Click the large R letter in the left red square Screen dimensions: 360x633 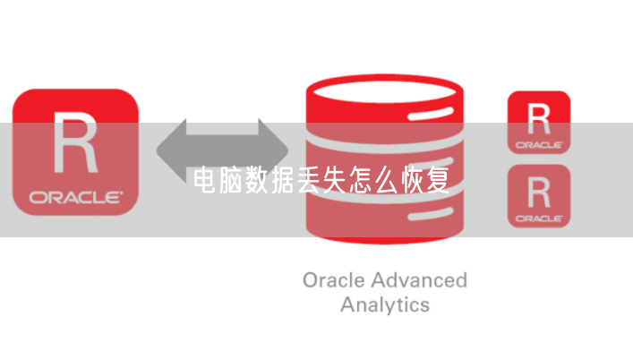(x=75, y=142)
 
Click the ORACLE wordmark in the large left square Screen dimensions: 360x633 (x=75, y=196)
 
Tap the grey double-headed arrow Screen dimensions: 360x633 (x=223, y=148)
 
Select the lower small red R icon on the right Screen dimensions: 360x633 (x=538, y=194)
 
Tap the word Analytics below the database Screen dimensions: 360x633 (x=384, y=304)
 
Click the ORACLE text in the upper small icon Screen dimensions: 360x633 (x=538, y=143)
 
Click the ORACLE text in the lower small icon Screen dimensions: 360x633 (x=538, y=217)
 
